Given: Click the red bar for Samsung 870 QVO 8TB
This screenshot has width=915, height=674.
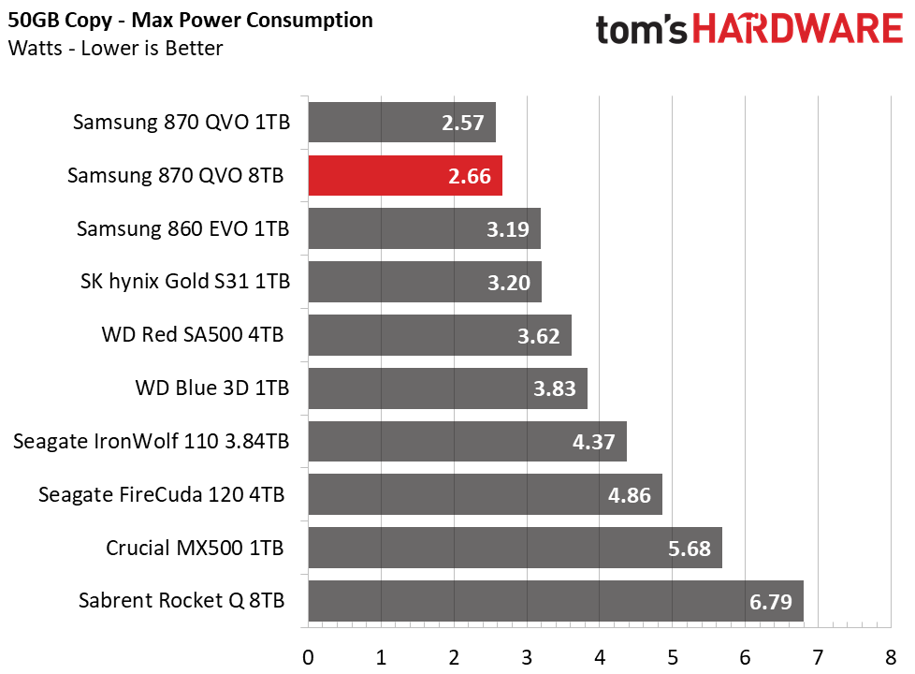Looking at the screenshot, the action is point(405,175).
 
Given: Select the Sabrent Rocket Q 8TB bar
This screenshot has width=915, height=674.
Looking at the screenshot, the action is point(556,600).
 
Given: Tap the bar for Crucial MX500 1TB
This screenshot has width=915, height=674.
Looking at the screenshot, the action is point(516,548).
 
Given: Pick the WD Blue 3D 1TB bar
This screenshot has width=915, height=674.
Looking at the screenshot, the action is point(447,388).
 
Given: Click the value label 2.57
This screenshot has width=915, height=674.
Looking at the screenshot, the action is point(463,123).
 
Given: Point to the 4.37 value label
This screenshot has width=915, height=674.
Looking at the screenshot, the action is point(593,442).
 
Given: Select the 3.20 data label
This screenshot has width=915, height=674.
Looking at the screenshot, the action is point(509,283).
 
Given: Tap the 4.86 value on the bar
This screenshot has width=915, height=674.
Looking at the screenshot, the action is point(629,495).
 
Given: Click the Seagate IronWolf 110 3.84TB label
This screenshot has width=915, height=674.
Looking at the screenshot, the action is point(152,441).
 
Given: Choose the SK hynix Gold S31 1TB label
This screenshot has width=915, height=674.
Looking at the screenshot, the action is point(185,282).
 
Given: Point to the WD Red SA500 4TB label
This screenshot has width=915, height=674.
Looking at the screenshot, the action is point(193,335).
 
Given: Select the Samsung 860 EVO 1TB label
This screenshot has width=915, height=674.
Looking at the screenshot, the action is point(183,228).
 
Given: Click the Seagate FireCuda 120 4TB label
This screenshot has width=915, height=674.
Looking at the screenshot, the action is point(161,494).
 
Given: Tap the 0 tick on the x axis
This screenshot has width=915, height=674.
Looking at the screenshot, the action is point(308,658).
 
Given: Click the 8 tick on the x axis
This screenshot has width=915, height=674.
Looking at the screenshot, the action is point(891,658).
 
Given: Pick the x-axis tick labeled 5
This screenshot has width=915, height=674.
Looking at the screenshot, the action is point(673,658).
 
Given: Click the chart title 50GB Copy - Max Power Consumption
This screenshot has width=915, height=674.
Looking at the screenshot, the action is point(190,21).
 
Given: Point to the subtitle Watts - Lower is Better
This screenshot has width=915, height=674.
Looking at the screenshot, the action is point(115,48).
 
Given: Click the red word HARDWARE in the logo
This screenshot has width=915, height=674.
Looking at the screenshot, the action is point(798,29).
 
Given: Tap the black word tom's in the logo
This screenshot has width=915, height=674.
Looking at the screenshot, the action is point(641,30).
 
